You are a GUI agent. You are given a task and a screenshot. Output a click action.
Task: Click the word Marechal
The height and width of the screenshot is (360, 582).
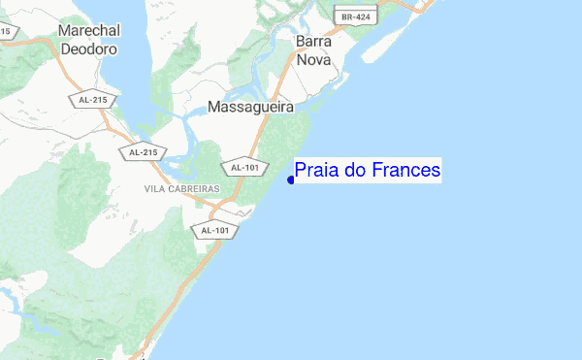(x=88, y=30)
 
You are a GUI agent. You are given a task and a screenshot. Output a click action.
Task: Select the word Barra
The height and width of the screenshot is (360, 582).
(x=313, y=42)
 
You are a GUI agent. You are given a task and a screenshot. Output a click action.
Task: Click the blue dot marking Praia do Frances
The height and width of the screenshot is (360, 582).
(x=291, y=180)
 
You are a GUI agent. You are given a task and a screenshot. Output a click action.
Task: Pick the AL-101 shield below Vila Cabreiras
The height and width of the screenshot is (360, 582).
(x=214, y=230)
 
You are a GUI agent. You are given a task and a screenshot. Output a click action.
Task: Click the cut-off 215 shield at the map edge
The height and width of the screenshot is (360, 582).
(x=6, y=32)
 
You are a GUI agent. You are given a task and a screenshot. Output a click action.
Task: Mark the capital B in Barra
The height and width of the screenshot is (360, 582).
(x=300, y=42)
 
